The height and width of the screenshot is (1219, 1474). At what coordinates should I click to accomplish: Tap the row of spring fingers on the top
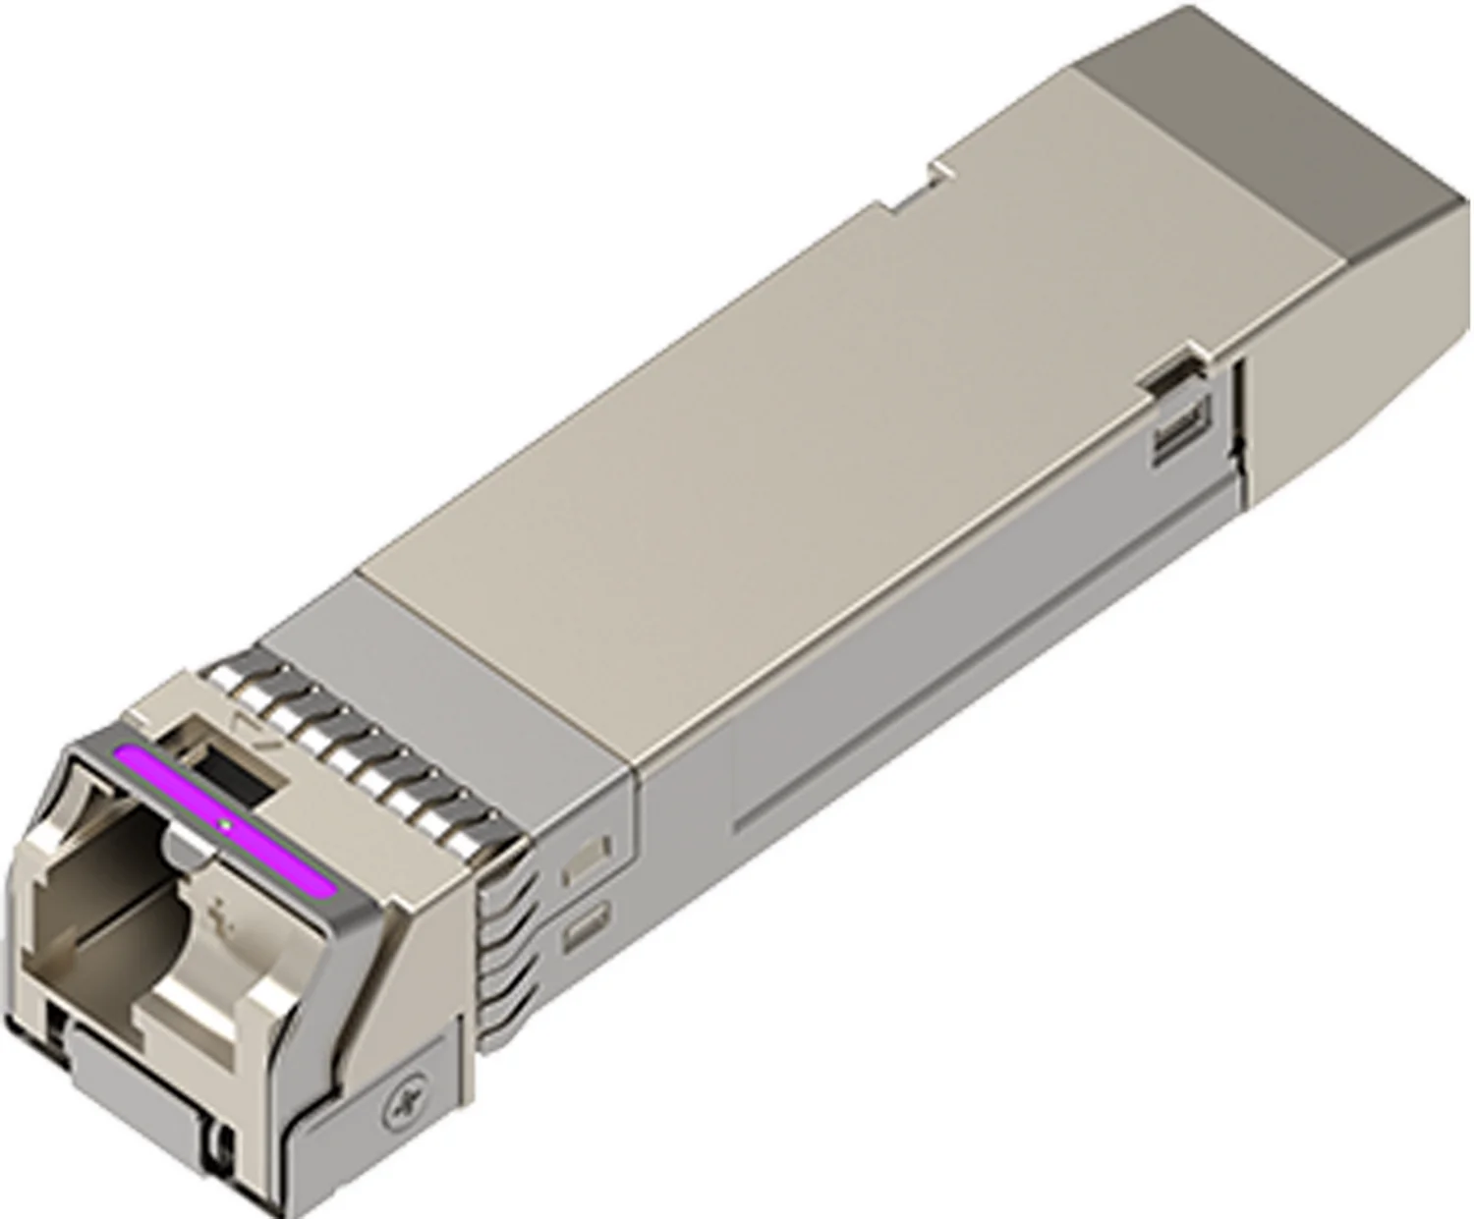[x=364, y=747]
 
